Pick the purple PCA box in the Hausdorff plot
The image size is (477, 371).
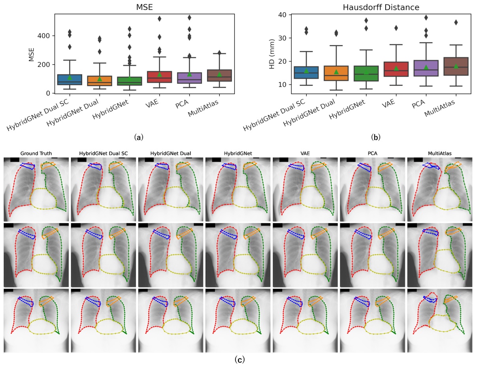click(x=425, y=68)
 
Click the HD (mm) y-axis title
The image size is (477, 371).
click(x=272, y=54)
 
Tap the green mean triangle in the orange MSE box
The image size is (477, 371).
click(x=100, y=79)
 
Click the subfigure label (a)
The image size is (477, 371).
click(x=138, y=137)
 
